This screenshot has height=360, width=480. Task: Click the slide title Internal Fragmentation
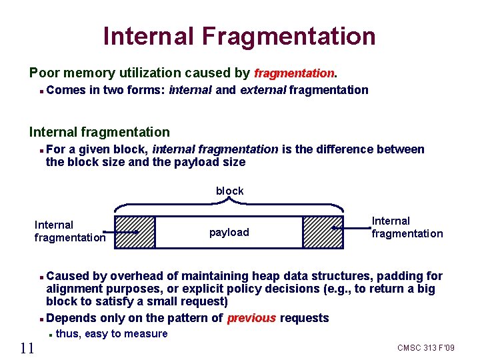239,35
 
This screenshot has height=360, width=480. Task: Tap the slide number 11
27,347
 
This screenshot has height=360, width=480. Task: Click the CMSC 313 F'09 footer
425,348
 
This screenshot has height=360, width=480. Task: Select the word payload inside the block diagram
229,232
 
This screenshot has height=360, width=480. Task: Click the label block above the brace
229,191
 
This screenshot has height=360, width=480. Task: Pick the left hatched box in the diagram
135,232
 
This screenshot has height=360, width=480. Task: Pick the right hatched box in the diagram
323,232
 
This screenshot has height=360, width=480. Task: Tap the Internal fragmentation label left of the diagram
70,231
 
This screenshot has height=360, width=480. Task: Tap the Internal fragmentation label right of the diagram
407,227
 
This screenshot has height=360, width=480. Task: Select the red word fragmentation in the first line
293,73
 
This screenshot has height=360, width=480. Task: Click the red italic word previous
251,318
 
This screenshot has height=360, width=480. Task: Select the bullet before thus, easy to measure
51,335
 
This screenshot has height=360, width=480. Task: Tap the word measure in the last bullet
147,333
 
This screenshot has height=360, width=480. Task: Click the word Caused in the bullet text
67,276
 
